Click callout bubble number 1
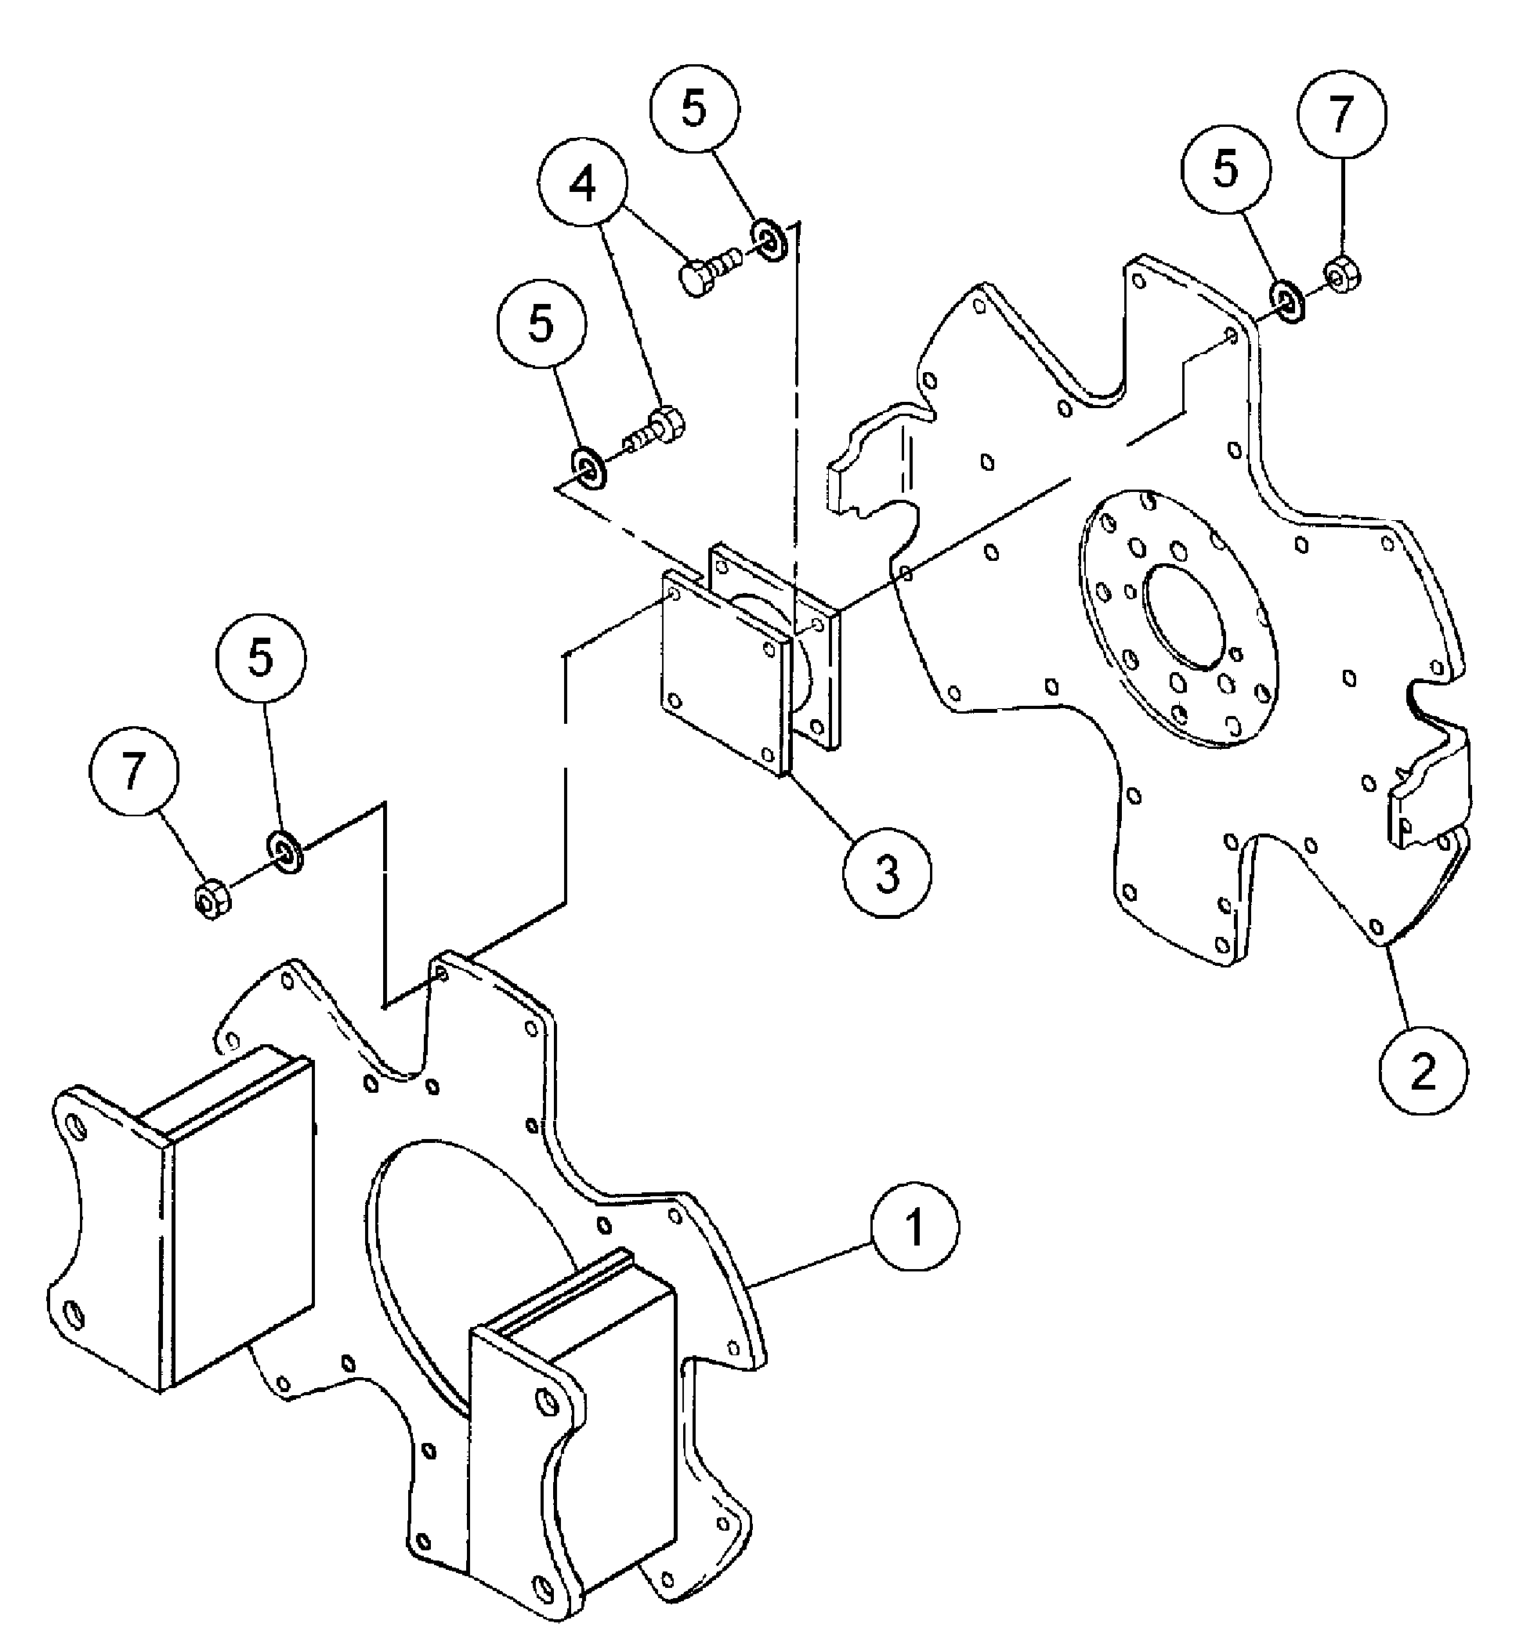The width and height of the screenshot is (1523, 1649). click(915, 1227)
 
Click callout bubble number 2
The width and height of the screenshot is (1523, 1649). click(1424, 1071)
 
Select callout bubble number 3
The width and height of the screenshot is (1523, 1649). click(887, 873)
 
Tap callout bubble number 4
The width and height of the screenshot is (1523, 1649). click(583, 186)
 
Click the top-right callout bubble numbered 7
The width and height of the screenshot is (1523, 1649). click(1342, 114)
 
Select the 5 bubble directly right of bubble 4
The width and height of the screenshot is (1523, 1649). click(695, 108)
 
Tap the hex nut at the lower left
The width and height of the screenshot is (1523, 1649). click(212, 900)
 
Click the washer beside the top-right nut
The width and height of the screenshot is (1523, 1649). click(1286, 302)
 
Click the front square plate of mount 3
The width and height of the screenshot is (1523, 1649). click(722, 674)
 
